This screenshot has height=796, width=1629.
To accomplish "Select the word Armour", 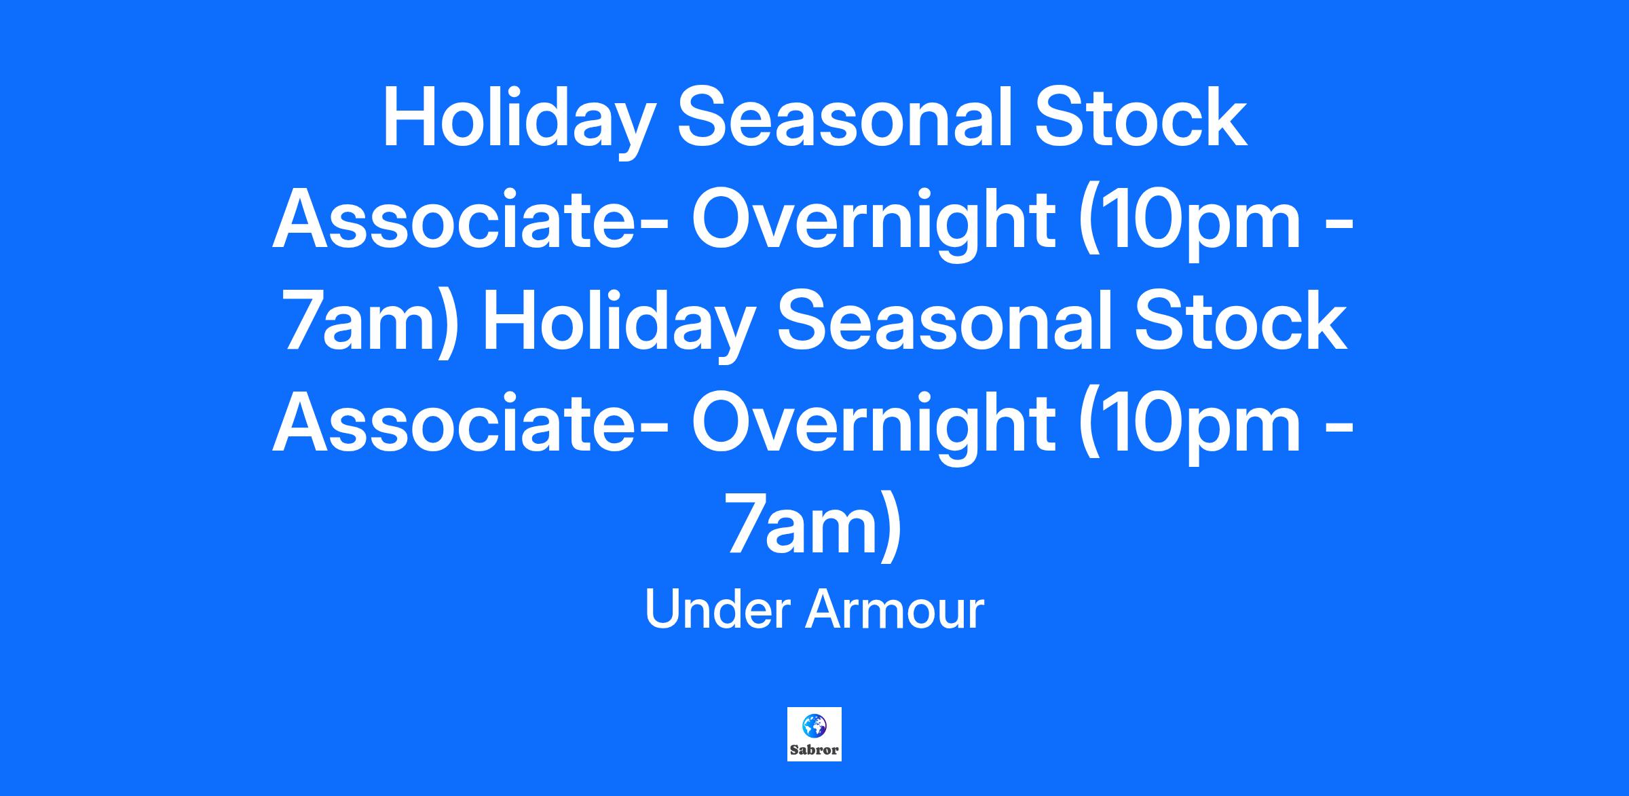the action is pyautogui.click(x=895, y=609).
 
